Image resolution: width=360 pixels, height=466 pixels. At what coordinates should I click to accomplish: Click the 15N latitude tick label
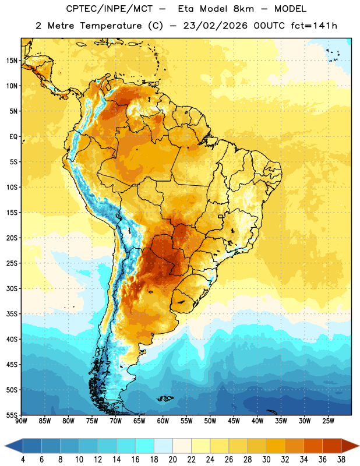(12, 61)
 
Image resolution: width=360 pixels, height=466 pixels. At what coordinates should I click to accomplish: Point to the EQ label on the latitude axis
(13, 137)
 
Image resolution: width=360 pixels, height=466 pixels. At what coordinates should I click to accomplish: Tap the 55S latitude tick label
(12, 415)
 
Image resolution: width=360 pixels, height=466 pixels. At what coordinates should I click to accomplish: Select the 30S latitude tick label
(12, 288)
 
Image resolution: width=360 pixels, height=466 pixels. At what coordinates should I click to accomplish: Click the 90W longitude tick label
(21, 421)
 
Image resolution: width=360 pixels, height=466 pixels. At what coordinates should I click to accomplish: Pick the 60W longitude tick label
(163, 421)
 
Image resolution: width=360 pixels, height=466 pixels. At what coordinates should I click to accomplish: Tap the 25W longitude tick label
(328, 421)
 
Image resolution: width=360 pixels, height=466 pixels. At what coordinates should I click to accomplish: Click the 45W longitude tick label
(234, 421)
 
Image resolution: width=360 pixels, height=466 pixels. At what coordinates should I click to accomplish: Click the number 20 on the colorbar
(172, 460)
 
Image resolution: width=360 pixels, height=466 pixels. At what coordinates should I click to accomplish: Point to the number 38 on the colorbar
(341, 460)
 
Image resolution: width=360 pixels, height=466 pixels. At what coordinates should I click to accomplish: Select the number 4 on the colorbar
(23, 460)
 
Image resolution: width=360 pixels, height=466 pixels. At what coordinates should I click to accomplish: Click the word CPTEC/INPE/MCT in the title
(110, 9)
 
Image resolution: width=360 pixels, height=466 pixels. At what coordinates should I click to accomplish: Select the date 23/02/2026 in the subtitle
(215, 26)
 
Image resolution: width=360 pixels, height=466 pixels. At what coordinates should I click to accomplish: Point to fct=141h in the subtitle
(314, 26)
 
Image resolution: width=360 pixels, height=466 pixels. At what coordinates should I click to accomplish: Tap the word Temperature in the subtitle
(111, 26)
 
